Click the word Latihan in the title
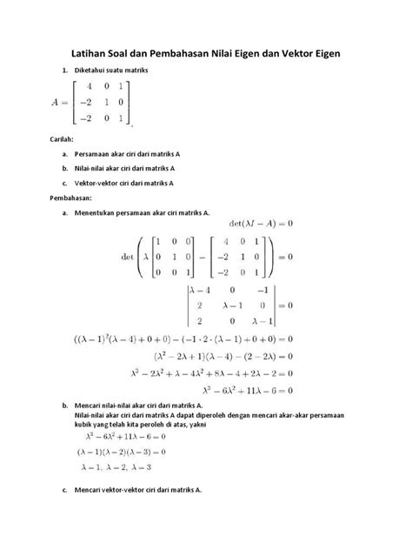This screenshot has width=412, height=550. [95, 54]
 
